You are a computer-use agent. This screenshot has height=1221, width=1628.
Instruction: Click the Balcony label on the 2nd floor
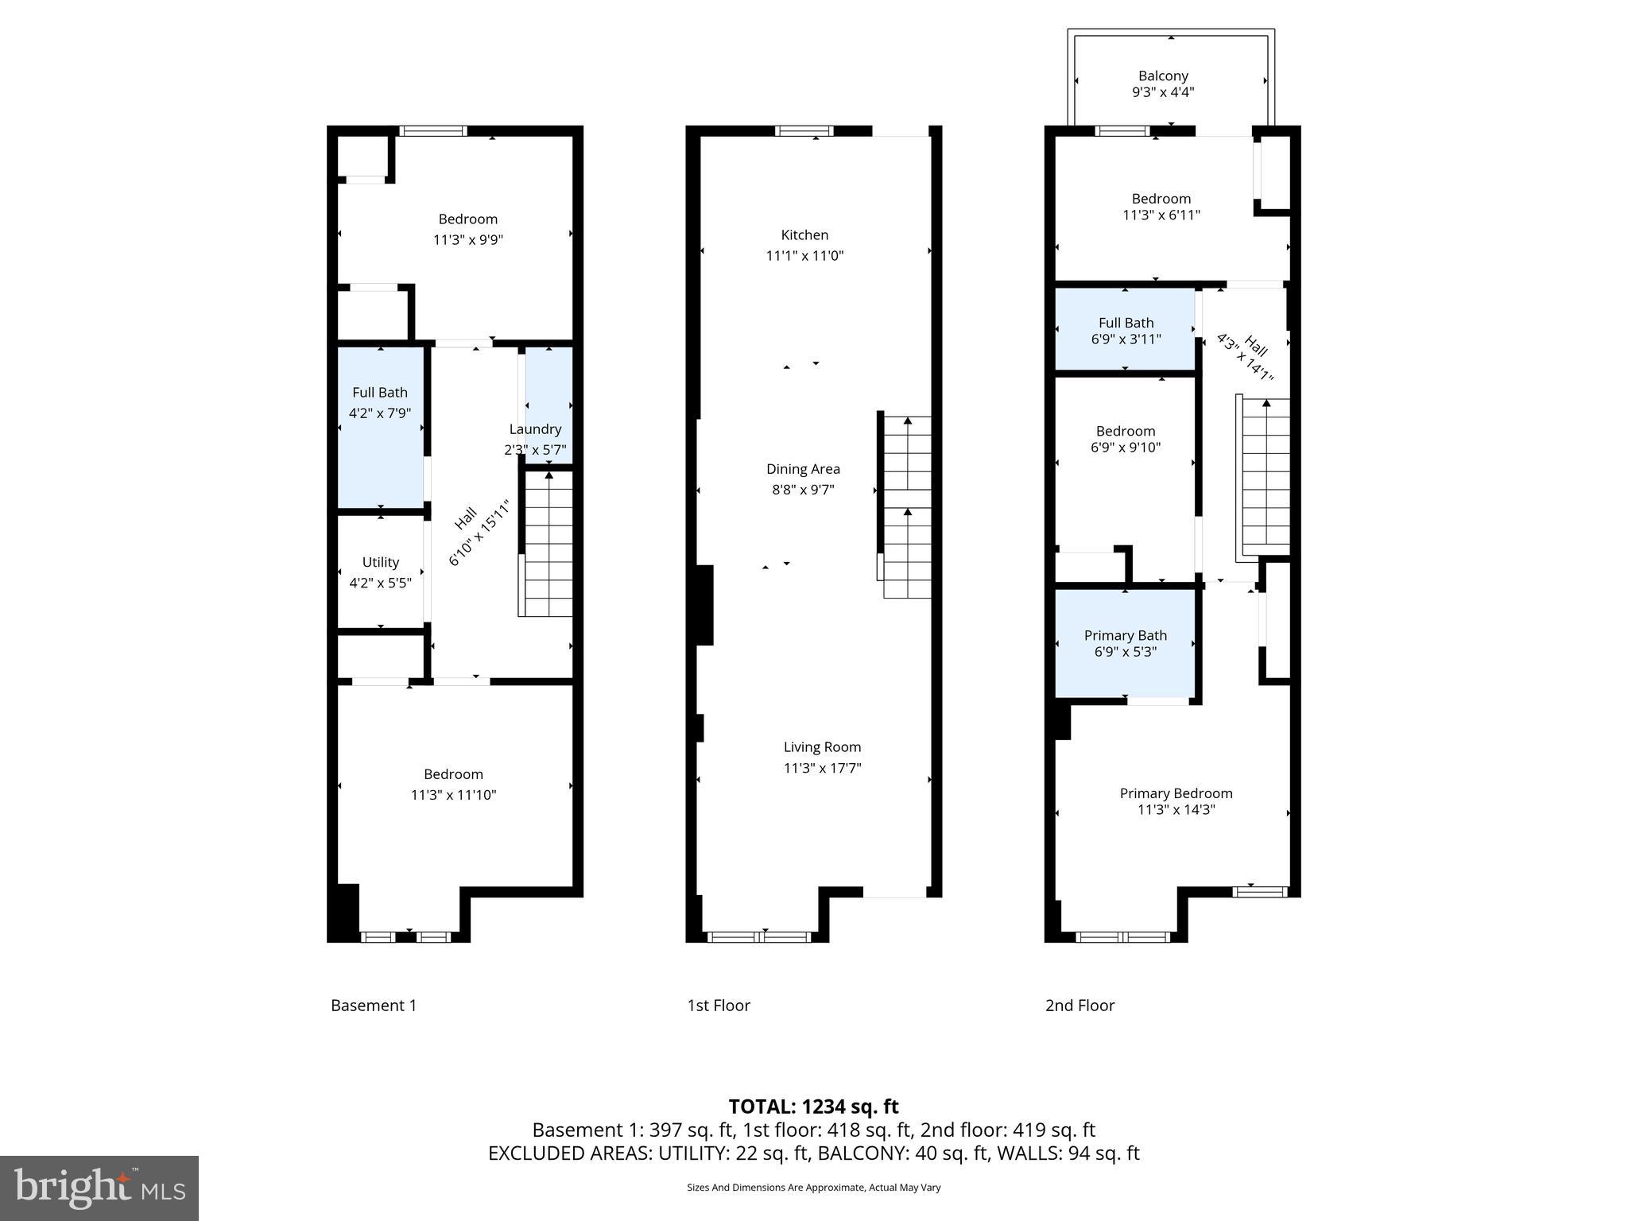pyautogui.click(x=1163, y=76)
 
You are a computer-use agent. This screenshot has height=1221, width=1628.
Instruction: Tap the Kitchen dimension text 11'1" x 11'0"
pyautogui.click(x=804, y=256)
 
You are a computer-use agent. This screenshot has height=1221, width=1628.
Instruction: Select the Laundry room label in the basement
pyautogui.click(x=535, y=429)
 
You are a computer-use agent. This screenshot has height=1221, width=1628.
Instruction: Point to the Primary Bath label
pyautogui.click(x=1125, y=635)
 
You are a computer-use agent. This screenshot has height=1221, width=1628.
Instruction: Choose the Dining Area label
pyautogui.click(x=803, y=469)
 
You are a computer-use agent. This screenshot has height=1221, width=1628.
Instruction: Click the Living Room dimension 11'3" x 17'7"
pyautogui.click(x=822, y=768)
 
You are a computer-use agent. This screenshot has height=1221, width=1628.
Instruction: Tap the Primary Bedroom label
pyautogui.click(x=1176, y=793)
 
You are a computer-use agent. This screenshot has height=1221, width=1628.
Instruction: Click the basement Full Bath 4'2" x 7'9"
pyautogui.click(x=380, y=402)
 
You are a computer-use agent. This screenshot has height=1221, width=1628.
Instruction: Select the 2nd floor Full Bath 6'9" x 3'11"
pyautogui.click(x=1126, y=331)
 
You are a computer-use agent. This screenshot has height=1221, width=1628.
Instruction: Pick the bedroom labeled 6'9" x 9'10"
pyautogui.click(x=1125, y=439)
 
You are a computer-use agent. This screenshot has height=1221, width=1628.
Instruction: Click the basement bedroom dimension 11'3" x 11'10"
pyautogui.click(x=453, y=795)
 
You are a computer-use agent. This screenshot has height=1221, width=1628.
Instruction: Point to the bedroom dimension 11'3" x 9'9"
pyautogui.click(x=467, y=240)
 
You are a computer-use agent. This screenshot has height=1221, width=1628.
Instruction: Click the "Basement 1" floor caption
pyautogui.click(x=374, y=1006)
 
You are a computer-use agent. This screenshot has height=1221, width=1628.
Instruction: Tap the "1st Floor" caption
pyautogui.click(x=719, y=1006)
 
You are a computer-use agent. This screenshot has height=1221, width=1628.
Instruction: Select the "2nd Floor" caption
pyautogui.click(x=1080, y=1006)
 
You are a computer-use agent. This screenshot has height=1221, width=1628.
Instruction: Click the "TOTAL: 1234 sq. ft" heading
pyautogui.click(x=813, y=1107)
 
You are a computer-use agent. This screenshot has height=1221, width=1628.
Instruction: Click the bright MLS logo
pyautogui.click(x=99, y=1188)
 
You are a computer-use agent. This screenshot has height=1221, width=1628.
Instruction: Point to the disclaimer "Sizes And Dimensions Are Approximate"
pyautogui.click(x=813, y=1188)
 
